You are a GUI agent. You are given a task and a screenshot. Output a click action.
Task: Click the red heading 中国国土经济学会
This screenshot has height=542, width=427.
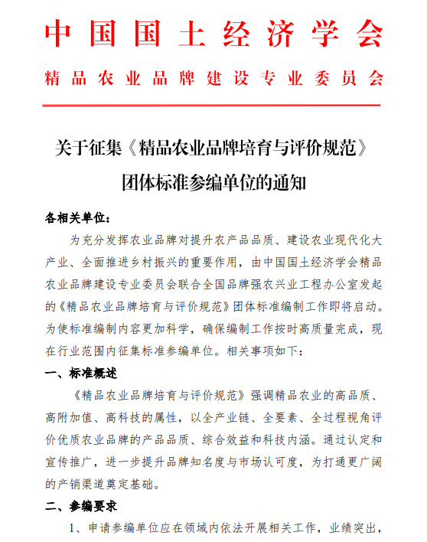pos(213,34)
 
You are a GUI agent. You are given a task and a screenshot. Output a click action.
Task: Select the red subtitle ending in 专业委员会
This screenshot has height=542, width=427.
pos(213,79)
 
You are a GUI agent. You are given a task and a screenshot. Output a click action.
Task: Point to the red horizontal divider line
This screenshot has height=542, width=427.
pos(213,105)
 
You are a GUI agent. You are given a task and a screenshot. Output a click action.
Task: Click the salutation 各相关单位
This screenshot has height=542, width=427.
pos(77,218)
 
